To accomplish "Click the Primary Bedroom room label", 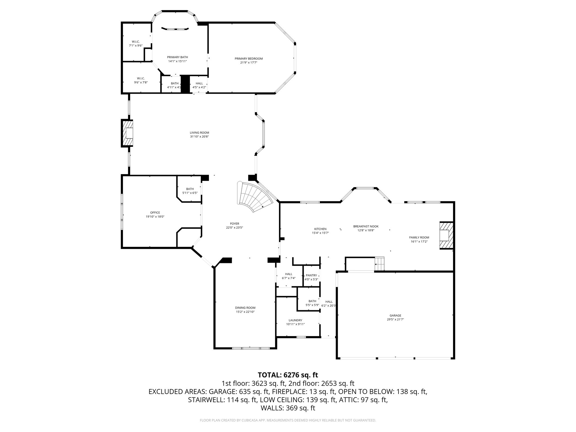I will (249, 58).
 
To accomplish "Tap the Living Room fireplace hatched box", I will (127, 133).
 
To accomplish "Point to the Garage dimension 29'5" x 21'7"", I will (395, 319).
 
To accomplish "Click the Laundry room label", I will (295, 320).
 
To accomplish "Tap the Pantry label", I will (311, 275).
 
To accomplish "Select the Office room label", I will (155, 212).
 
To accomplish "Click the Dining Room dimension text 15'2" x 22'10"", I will (245, 312).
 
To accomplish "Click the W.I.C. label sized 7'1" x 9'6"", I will (136, 42).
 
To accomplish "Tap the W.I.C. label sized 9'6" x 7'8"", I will (141, 78).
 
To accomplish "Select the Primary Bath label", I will (177, 57).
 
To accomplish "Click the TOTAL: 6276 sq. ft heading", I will (288, 375).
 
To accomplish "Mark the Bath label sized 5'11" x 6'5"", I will (190, 189).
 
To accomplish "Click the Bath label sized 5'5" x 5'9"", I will (312, 301).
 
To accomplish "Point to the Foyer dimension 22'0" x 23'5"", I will (234, 228).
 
